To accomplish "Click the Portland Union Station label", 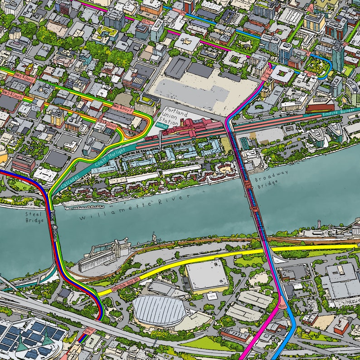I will (x=174, y=117).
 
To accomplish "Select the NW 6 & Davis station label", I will (x=24, y=78).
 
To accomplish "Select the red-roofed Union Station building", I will (x=190, y=127).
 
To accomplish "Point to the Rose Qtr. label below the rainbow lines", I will (x=89, y=331).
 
